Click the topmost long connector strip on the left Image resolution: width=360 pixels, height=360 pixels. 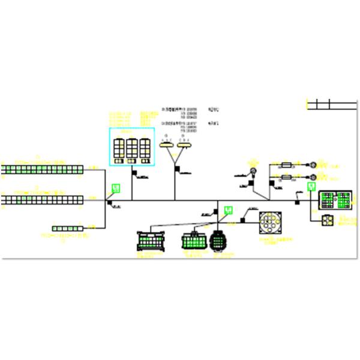click(41, 170)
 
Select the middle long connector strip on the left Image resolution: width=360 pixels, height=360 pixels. click(41, 199)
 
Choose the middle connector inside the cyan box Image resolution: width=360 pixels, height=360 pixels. click(131, 148)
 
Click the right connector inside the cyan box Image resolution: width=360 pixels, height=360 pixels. click(144, 148)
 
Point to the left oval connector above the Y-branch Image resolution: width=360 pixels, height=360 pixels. click(166, 144)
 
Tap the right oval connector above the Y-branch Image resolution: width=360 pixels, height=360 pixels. click(185, 144)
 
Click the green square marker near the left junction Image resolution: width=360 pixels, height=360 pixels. click(117, 188)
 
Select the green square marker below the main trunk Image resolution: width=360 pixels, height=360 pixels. click(228, 209)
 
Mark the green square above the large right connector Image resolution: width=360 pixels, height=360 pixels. click(311, 187)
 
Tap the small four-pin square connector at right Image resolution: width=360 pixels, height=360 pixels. click(328, 220)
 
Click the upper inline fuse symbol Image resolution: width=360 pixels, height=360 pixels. click(286, 164)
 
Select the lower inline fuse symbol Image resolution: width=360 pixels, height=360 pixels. click(286, 177)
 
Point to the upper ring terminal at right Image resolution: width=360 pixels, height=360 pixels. click(313, 164)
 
